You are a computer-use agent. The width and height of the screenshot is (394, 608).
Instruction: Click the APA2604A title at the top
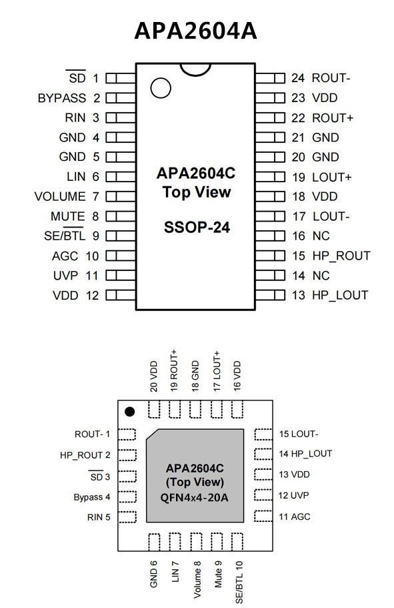[x=195, y=31]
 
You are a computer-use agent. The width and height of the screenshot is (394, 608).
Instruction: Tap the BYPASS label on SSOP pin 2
[x=61, y=98]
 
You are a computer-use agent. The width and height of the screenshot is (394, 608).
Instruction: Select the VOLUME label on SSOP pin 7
[x=60, y=197]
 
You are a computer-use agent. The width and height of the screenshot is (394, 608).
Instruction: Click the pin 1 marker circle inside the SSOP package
[x=161, y=87]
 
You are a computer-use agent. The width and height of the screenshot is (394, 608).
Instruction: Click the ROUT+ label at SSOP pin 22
[x=333, y=118]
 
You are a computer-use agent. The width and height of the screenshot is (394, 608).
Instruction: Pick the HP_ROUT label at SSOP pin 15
[x=341, y=256]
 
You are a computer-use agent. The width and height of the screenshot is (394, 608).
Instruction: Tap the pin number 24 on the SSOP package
[x=298, y=78]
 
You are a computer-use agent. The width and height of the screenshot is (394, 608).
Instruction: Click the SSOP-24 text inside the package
[x=197, y=227]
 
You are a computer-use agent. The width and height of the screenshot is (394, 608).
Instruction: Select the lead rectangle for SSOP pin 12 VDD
[x=121, y=295]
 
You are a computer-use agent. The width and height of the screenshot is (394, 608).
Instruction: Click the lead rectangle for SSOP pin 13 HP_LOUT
[x=271, y=295]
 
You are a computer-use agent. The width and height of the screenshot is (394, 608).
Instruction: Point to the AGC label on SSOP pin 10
[x=65, y=256]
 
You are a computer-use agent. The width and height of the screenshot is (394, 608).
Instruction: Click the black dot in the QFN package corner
[x=130, y=411]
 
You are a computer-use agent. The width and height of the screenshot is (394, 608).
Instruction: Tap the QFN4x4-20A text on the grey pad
[x=195, y=497]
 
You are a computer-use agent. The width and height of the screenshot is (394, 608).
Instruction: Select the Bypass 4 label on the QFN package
[x=92, y=497]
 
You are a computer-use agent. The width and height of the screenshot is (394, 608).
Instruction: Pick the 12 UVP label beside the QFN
[x=293, y=496]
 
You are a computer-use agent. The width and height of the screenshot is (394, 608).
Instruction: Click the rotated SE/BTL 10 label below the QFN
[x=239, y=582]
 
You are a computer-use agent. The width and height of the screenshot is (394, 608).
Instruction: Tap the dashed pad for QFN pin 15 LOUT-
[x=263, y=434]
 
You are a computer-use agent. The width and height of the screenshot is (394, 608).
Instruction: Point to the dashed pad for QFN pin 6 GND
[x=154, y=542]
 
